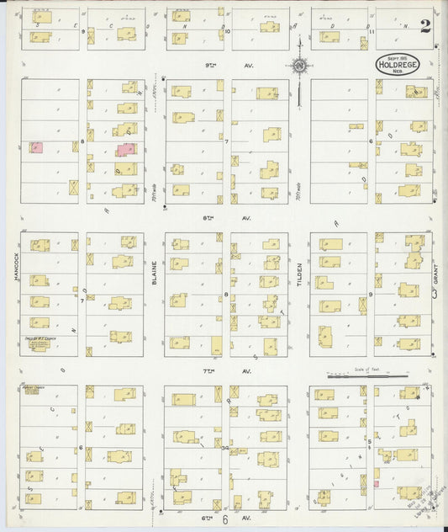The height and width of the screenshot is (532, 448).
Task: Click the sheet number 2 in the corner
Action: coord(425,24)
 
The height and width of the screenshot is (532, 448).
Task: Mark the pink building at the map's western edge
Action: coord(36,147)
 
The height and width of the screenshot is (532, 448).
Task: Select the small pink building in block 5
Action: coord(376,484)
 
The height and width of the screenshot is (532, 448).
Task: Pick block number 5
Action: coord(369,440)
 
